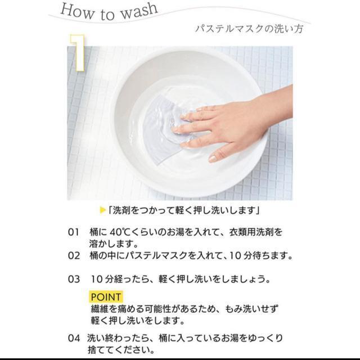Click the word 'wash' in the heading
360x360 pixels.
point(139,11)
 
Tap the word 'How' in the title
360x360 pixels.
point(77,11)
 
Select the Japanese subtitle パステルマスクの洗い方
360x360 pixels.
point(249,29)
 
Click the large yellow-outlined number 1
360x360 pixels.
point(78,52)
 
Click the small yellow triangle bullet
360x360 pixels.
point(103,210)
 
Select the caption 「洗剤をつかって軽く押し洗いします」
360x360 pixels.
point(183,210)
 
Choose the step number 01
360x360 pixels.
point(74,232)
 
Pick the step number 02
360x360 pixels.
point(74,256)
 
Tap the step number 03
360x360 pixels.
point(74,280)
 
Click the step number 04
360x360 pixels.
point(74,338)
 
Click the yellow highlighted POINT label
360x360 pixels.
point(106,297)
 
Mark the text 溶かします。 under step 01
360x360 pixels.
point(114,244)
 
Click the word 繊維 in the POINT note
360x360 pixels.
point(100,309)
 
